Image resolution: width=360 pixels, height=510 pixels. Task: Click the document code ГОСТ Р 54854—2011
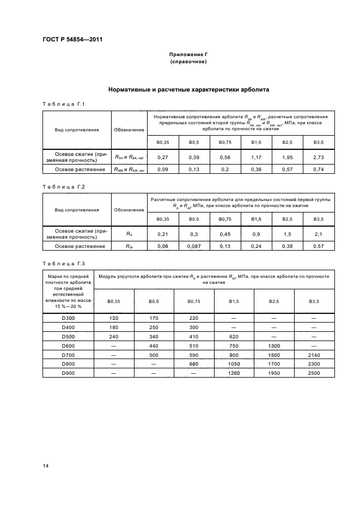[72, 39]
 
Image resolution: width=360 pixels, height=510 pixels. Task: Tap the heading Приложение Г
[188, 54]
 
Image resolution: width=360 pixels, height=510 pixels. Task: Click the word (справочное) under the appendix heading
[188, 62]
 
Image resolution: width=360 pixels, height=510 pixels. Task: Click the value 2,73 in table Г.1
[319, 157]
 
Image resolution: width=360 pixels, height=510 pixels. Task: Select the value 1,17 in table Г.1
[256, 157]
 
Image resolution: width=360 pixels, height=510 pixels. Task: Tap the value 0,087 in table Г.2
[193, 246]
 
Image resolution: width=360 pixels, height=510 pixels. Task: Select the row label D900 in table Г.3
[68, 373]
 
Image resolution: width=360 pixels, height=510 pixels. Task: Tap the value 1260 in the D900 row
[235, 373]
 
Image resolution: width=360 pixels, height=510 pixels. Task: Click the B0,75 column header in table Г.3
[194, 301]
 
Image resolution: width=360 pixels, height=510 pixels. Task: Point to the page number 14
[46, 465]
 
